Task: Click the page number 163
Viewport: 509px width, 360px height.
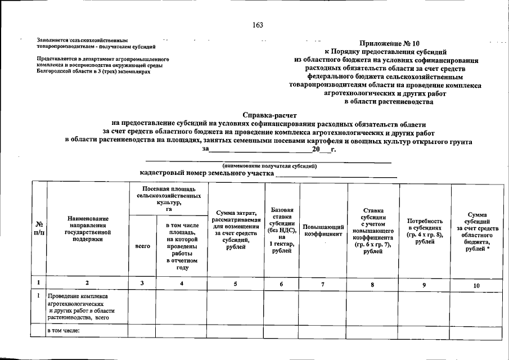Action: point(258,25)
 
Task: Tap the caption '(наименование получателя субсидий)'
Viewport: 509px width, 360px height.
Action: point(269,166)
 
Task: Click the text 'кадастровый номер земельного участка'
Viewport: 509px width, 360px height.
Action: point(206,173)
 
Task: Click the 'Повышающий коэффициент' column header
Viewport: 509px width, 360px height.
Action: point(323,229)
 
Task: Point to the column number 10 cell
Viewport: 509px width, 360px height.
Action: point(476,285)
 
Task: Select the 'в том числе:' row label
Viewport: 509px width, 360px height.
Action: point(64,330)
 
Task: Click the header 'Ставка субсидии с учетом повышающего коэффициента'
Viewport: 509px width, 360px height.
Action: point(373,229)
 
